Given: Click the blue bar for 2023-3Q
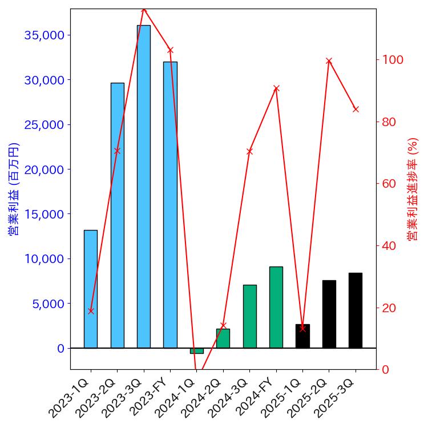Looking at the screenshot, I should click(x=143, y=187).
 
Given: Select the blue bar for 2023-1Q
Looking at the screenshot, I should click(x=91, y=289).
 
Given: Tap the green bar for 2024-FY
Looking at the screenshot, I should click(x=276, y=307).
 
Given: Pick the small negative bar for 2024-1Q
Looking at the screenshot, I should click(x=197, y=350).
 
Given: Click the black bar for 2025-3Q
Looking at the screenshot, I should click(x=356, y=310).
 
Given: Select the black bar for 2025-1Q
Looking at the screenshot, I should click(x=302, y=337).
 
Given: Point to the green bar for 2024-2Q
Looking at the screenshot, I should click(x=223, y=338).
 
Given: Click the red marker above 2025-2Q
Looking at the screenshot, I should click(x=329, y=61).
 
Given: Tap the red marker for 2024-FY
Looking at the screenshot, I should click(x=276, y=88).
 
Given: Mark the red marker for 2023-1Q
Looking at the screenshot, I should click(x=91, y=311).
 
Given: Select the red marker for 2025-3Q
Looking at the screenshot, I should click(x=356, y=109).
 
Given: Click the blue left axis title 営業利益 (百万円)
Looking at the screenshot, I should click(x=14, y=189).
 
